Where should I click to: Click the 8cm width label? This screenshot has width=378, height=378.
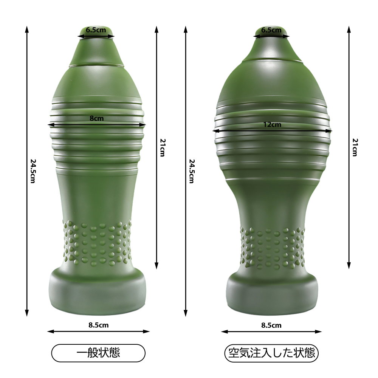(96, 118)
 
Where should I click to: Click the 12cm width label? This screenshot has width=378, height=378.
(272, 125)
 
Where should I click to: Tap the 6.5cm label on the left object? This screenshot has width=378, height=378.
(96, 30)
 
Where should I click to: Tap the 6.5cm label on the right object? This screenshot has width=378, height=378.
(271, 30)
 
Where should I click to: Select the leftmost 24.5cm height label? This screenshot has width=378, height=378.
(33, 171)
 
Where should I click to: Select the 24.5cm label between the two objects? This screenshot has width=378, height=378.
(191, 171)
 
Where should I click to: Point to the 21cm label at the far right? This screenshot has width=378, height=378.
(355, 147)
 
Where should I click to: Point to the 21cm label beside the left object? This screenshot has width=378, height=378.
(163, 147)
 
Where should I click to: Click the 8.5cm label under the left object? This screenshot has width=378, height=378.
(98, 325)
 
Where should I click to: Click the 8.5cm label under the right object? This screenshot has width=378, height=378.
(271, 325)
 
